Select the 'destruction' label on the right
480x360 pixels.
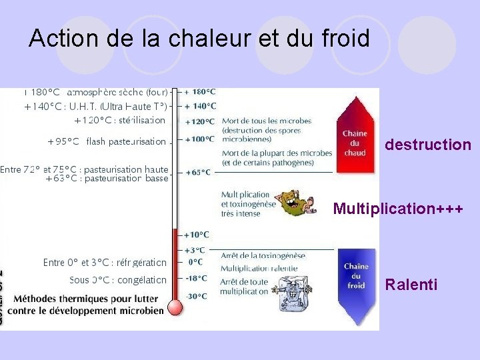point(428,145)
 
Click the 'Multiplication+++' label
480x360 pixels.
point(398,209)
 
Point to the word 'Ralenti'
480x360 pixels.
point(411,285)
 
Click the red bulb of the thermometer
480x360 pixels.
point(175,307)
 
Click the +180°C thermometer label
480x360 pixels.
point(200,92)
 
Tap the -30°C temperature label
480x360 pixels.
point(197,296)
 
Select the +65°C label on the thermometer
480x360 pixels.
point(197,172)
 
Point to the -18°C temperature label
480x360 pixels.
point(197,278)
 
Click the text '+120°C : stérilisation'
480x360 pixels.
point(119,121)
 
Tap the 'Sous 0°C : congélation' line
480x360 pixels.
point(118,280)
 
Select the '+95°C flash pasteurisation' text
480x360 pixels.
point(107,141)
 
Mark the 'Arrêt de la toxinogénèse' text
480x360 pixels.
point(263,255)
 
